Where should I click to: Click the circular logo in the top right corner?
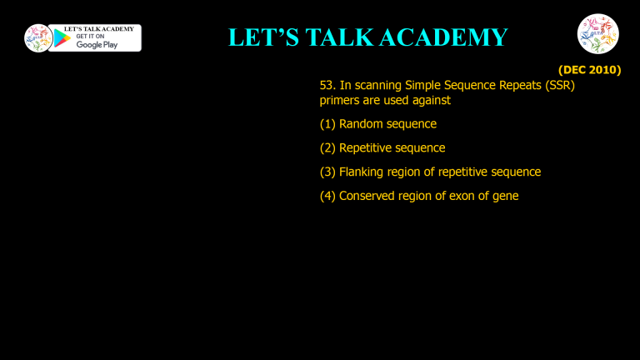point(598,35)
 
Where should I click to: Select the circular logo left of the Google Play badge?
point(38,38)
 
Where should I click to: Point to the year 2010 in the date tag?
point(604,71)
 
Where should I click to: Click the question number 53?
point(327,86)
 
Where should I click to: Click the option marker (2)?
point(327,147)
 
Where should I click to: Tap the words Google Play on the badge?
point(97,44)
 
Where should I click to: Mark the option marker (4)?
point(327,196)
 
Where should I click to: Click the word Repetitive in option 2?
point(367,147)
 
